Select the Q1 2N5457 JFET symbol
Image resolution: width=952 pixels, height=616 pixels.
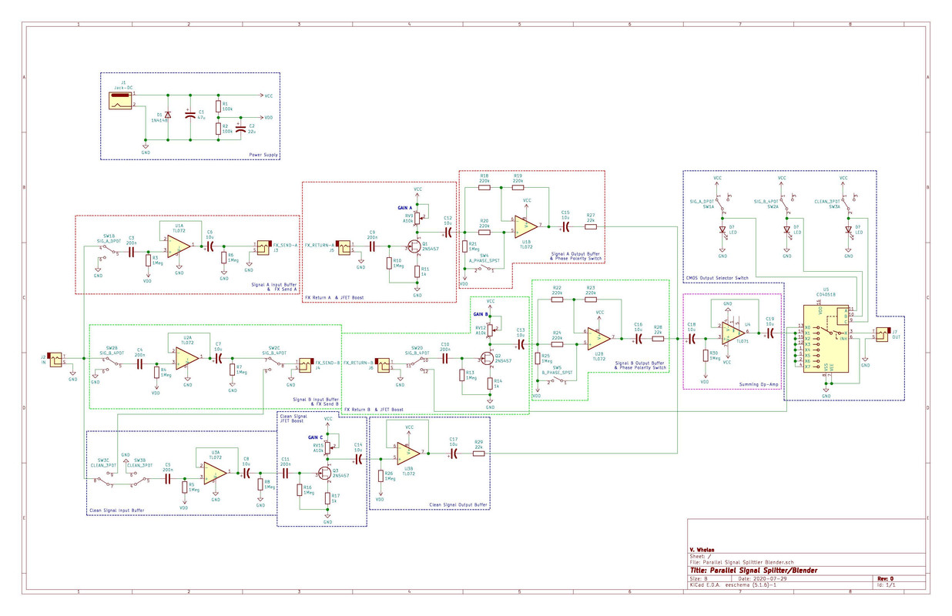point(414,246)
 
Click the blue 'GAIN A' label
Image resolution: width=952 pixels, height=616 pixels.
point(405,208)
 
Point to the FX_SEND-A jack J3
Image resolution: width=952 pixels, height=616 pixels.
point(263,246)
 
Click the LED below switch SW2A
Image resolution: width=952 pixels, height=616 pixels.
point(786,229)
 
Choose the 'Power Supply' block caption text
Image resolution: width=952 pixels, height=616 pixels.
point(263,155)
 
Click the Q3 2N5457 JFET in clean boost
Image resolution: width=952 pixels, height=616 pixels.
point(327,474)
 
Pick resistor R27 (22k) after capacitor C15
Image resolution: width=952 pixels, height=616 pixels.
point(591,226)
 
